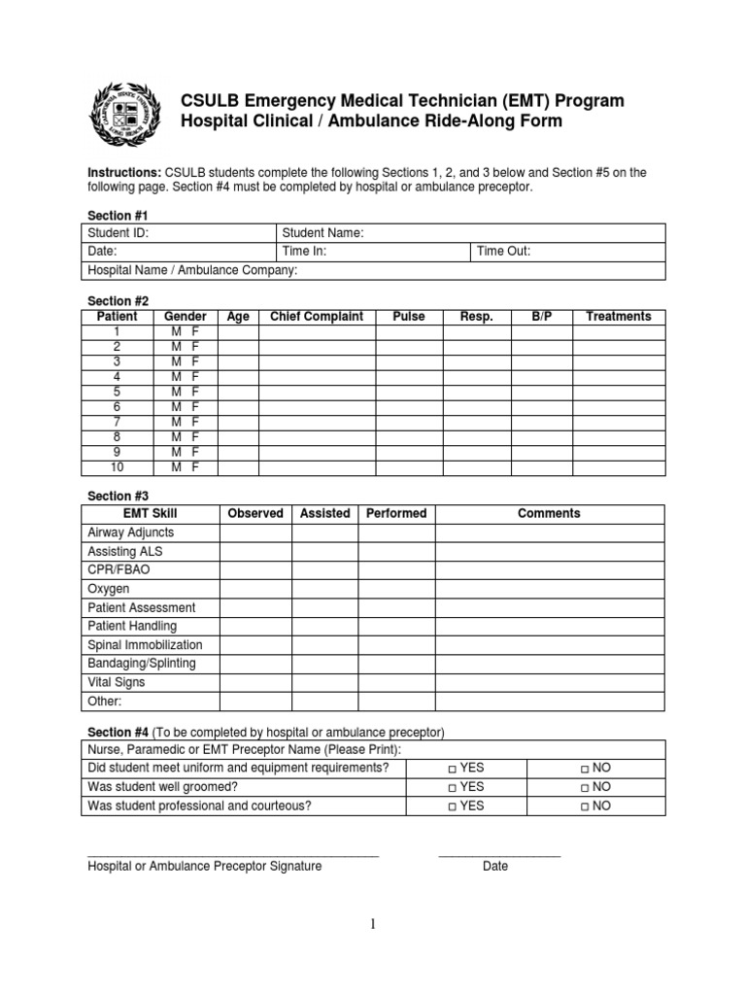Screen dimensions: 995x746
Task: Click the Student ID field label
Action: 119,233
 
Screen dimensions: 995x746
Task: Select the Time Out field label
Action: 503,252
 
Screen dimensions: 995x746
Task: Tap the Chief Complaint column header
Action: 317,317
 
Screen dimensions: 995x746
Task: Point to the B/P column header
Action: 541,317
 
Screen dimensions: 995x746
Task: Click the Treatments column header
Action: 619,317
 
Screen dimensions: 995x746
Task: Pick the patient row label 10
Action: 118,467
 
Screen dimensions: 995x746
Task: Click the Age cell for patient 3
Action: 238,361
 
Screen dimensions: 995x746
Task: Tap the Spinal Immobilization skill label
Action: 145,645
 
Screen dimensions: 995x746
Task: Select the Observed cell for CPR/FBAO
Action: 255,570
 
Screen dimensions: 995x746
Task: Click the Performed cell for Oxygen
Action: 396,589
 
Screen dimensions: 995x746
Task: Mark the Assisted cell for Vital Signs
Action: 324,682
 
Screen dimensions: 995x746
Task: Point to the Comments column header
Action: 549,514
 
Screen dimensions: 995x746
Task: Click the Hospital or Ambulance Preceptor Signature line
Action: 232,855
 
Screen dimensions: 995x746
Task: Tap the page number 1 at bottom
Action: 372,926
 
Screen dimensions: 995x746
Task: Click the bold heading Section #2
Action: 119,301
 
